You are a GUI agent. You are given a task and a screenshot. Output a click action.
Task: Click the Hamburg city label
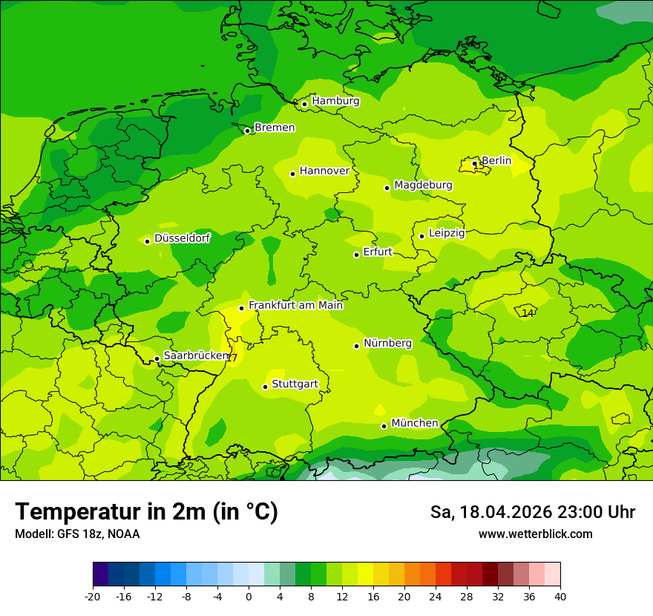[335, 101]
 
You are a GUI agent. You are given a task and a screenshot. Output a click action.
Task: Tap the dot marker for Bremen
[247, 131]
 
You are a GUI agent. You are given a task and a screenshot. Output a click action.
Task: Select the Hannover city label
[324, 171]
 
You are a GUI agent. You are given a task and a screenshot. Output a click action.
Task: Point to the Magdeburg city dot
[387, 188]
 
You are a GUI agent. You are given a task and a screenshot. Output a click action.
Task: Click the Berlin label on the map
[496, 160]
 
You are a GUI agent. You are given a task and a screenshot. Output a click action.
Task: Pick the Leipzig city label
[447, 233]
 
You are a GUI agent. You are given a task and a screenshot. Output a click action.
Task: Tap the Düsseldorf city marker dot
[147, 241]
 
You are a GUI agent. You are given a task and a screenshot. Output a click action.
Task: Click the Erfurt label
[378, 252]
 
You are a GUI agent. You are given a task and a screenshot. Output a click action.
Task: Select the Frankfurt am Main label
[295, 305]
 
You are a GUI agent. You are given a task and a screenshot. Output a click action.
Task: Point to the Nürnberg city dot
[356, 346]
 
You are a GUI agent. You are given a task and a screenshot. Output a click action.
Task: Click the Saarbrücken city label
[195, 355]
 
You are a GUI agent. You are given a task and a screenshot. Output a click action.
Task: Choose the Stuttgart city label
[295, 384]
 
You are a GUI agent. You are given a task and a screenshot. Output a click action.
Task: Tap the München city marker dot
[384, 426]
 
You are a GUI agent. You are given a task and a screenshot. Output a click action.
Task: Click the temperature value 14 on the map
[528, 313]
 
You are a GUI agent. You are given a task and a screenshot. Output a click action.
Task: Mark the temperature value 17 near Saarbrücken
[232, 358]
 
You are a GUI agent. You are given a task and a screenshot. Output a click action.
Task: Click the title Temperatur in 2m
[146, 512]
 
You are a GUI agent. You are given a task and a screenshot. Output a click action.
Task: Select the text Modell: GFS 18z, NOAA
[77, 534]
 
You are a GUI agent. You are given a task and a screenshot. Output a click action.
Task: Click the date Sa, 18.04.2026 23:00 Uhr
[532, 512]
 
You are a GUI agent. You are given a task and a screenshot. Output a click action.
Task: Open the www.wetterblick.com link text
[535, 534]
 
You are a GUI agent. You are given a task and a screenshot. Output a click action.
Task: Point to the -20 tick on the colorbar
[93, 596]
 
